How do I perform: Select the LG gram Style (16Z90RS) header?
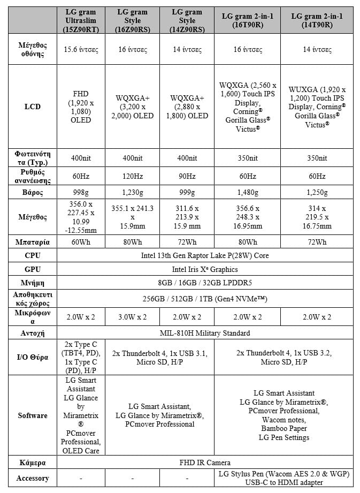coord(133,20)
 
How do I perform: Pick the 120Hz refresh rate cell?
coord(133,176)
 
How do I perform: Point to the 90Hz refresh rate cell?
coord(186,176)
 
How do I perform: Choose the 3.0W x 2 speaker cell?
coord(133,317)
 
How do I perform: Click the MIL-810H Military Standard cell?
coord(205,333)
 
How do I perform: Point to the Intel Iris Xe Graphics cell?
coord(205,269)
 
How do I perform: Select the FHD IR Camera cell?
coord(205,462)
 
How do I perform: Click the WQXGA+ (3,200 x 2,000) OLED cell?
coord(133,107)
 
